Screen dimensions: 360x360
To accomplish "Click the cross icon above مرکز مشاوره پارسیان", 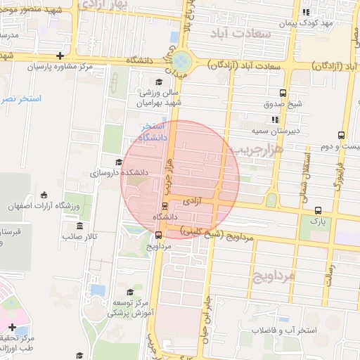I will pyautogui.click(x=61, y=56).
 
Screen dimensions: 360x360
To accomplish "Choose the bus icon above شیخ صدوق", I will pyautogui.click(x=283, y=93).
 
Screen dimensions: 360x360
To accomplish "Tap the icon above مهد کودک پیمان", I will pyautogui.click(x=306, y=13).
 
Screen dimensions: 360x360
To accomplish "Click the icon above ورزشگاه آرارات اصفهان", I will pyautogui.click(x=44, y=195).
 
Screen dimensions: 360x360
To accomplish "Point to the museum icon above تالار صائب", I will pyautogui.click(x=79, y=226).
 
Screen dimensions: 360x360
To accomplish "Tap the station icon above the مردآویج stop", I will pyautogui.click(x=159, y=236).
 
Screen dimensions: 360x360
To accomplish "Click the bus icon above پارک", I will pyautogui.click(x=319, y=210).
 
